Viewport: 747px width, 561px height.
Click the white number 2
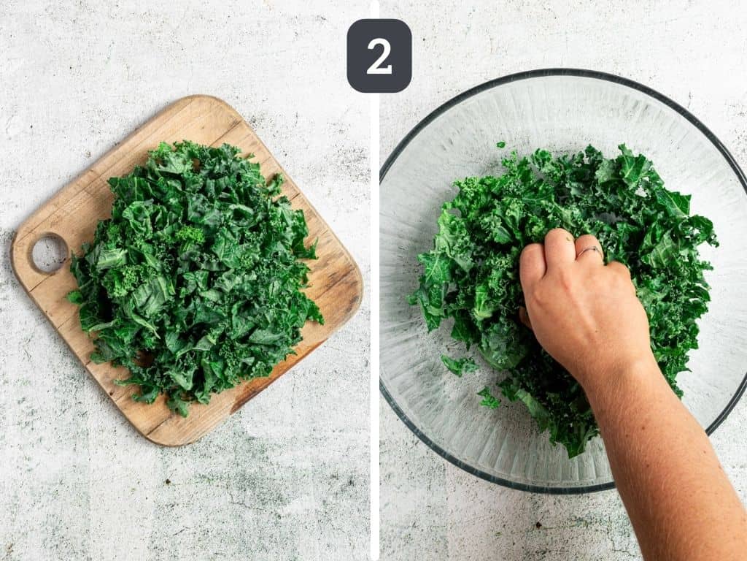click(x=379, y=56)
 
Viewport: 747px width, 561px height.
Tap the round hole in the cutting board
click(x=49, y=253)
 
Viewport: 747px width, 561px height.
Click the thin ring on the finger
click(x=589, y=250)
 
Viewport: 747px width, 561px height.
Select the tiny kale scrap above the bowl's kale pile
click(x=500, y=144)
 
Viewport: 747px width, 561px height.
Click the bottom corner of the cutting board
click(x=162, y=443)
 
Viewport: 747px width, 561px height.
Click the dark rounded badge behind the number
click(x=379, y=56)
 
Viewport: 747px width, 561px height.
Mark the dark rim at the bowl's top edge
click(x=562, y=72)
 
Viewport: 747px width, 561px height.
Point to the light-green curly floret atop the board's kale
click(x=190, y=234)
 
